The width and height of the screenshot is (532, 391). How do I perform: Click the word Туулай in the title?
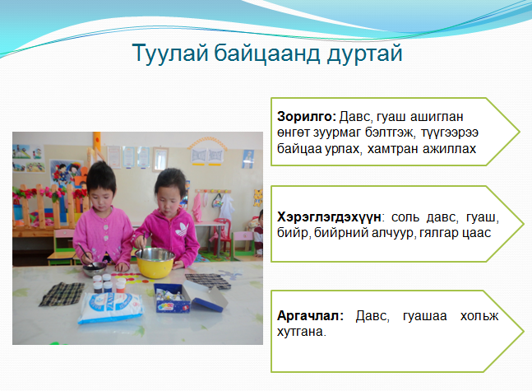[x=170, y=54]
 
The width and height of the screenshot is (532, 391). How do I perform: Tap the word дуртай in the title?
[x=365, y=54]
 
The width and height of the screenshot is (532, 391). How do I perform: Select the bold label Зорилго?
[x=307, y=117]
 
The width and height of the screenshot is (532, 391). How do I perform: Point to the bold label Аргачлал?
[x=311, y=316]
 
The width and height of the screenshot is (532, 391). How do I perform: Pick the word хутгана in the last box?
[x=301, y=332]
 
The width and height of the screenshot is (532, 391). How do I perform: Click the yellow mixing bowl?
[x=155, y=263]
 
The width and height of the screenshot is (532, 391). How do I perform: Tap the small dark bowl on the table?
[x=95, y=269]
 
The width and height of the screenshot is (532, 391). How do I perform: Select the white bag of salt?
[x=111, y=307]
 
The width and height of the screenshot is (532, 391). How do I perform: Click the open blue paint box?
[x=190, y=298]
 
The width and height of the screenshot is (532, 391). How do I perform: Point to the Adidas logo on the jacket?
[x=182, y=230]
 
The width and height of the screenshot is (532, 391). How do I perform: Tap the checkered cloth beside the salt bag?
[x=62, y=294]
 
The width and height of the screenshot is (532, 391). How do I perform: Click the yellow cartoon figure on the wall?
[x=258, y=198]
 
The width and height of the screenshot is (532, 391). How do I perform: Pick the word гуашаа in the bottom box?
[x=425, y=317]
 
